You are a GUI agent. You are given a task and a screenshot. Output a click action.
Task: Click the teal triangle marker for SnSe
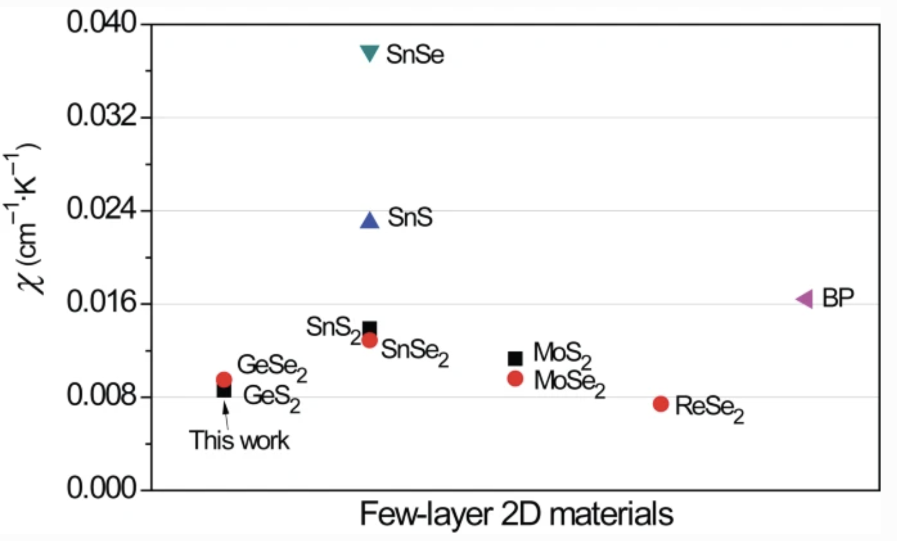pos(369,52)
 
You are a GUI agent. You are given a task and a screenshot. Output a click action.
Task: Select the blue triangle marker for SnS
pos(369,221)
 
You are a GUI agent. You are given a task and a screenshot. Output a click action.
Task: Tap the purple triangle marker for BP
pos(805,299)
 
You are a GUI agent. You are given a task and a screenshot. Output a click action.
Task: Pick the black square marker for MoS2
pos(515,358)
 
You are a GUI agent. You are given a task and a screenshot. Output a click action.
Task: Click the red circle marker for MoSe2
pos(515,379)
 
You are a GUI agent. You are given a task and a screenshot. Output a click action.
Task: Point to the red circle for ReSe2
pos(661,404)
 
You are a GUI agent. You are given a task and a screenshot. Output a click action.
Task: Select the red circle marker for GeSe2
pos(224,380)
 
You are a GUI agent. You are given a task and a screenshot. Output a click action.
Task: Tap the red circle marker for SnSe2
pos(370,340)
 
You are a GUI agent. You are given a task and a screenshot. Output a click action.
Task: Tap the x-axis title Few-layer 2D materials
pos(516,514)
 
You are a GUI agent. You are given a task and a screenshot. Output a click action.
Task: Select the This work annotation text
pos(239,441)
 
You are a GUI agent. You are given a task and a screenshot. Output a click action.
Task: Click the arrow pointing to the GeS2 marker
pos(225,415)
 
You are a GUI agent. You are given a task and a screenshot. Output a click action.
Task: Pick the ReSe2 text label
pos(709,408)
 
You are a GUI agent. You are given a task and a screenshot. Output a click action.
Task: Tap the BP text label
pos(838,298)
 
